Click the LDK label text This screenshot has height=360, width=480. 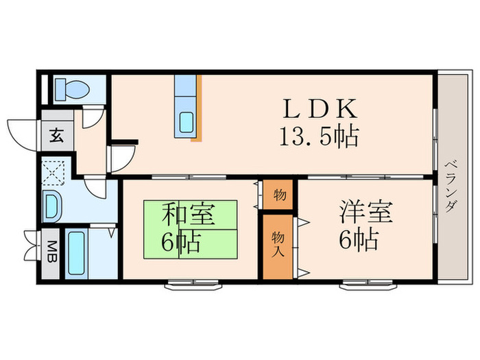(x=320, y=110)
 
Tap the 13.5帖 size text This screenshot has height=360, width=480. (x=320, y=137)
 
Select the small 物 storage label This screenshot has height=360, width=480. (x=279, y=194)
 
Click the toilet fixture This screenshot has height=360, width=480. (x=72, y=89)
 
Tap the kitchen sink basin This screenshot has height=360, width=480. (x=187, y=123)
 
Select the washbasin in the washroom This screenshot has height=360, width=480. (x=51, y=205)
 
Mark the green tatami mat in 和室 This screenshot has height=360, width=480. (x=190, y=230)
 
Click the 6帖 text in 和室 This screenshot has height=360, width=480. (x=176, y=241)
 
